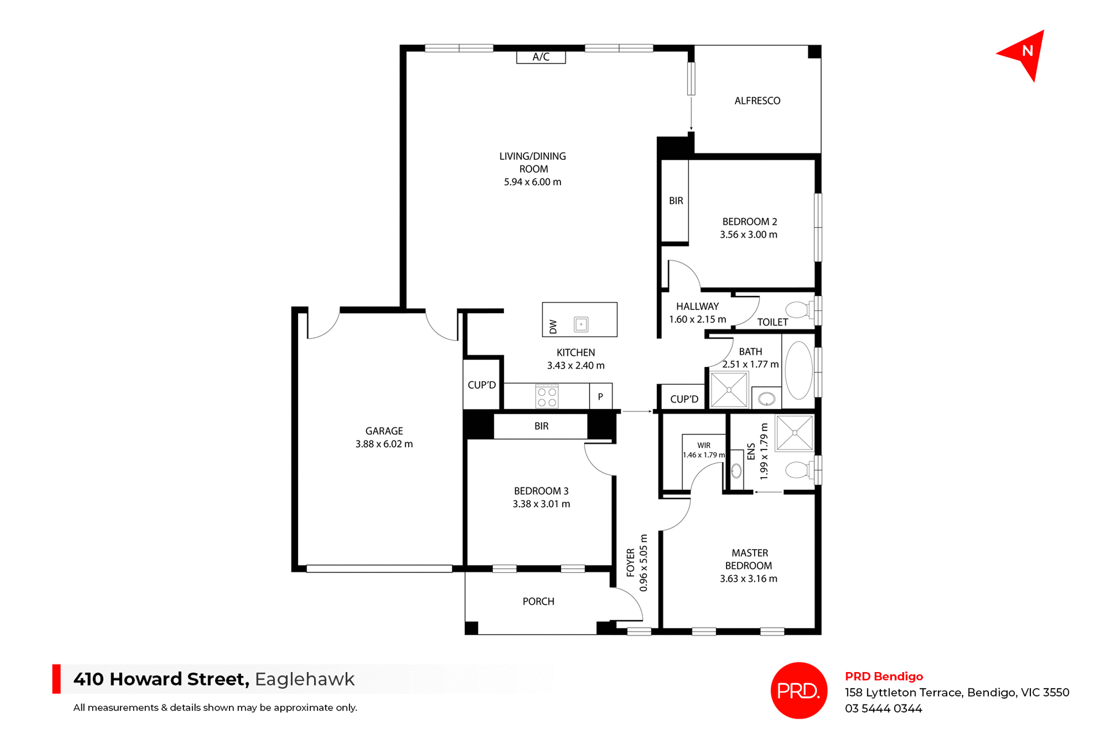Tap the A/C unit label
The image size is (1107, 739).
tap(540, 57)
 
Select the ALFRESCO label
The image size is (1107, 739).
tap(757, 101)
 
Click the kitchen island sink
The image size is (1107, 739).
tap(581, 324)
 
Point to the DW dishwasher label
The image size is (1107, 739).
tap(553, 327)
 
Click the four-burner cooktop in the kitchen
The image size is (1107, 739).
tap(547, 397)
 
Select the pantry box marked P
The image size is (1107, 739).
tap(600, 397)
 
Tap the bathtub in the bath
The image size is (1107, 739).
tap(799, 370)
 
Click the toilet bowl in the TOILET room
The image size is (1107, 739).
tap(798, 310)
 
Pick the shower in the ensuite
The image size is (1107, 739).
tap(795, 432)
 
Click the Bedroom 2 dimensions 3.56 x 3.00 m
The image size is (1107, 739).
tap(748, 235)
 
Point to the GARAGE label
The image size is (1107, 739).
tap(384, 431)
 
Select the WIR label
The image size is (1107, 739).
tap(703, 445)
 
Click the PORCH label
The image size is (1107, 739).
tap(538, 601)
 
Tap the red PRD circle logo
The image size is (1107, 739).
tap(799, 690)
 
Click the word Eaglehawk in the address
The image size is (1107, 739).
tap(304, 679)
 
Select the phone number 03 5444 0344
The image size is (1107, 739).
tap(883, 708)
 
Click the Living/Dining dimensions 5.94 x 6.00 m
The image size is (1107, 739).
tap(532, 182)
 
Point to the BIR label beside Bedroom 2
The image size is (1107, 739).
tap(676, 201)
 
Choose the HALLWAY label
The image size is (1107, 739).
tap(697, 306)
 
